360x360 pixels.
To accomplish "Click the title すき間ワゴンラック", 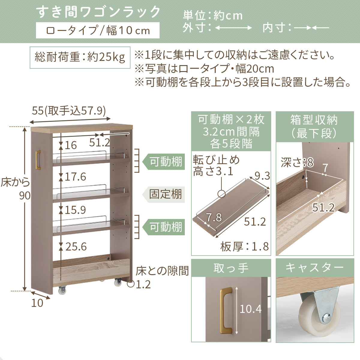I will [98, 12].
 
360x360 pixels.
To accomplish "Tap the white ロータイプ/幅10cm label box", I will [97, 30].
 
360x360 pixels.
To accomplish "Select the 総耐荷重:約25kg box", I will [80, 57].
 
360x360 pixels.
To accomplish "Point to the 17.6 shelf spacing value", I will [75, 177].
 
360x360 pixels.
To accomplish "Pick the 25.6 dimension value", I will [76, 247].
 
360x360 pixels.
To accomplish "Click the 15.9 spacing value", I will [75, 210].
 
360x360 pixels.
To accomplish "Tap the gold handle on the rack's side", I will [38, 160].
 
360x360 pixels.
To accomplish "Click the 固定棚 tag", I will [165, 194].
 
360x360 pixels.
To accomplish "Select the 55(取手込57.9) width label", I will [69, 111].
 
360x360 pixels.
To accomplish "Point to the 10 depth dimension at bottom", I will [37, 303].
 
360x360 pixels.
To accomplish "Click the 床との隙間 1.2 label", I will [162, 277].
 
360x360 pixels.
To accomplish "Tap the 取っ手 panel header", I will [231, 268].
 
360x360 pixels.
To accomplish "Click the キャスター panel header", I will [314, 268].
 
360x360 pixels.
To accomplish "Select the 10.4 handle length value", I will [250, 309].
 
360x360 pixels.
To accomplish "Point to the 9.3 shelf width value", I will [262, 176].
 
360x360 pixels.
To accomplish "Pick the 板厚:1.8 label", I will [244, 247].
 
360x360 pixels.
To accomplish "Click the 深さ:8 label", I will [297, 163].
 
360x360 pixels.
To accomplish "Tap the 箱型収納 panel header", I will [314, 126].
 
